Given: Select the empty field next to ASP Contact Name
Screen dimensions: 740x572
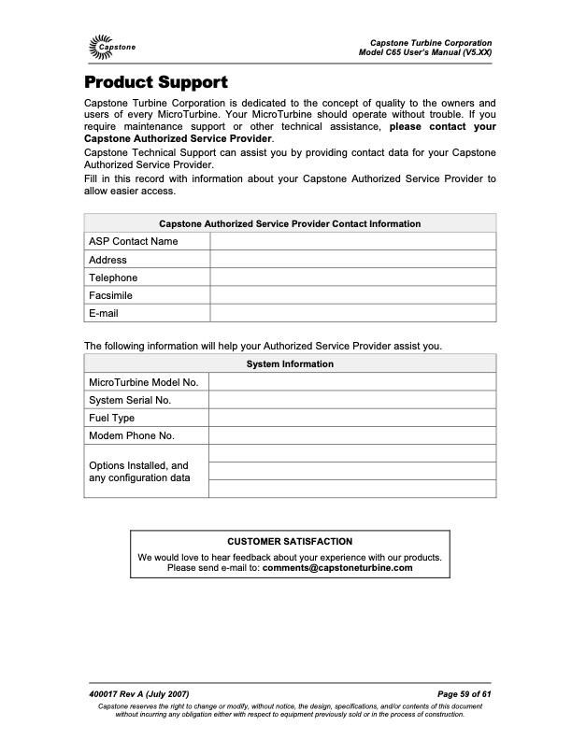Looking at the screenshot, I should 352,242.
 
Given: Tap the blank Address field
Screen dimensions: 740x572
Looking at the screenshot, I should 352,260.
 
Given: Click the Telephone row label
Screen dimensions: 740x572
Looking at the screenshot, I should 113,277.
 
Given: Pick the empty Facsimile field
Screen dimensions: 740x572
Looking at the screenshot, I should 352,295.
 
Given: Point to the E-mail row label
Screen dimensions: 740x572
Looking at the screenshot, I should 104,313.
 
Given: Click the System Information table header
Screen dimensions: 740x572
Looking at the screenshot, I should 290,364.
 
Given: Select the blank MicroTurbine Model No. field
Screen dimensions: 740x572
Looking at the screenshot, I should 352,382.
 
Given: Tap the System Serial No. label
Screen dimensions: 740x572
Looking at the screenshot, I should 130,400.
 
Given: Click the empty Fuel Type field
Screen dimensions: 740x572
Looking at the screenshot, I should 352,418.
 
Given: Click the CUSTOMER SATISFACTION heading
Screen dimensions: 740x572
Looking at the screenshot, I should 290,541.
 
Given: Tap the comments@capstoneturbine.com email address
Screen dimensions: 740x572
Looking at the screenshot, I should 337,567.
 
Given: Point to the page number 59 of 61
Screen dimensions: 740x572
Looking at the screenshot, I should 465,693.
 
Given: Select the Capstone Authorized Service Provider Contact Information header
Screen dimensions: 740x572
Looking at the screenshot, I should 290,224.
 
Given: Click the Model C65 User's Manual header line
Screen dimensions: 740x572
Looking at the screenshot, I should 425,52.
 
